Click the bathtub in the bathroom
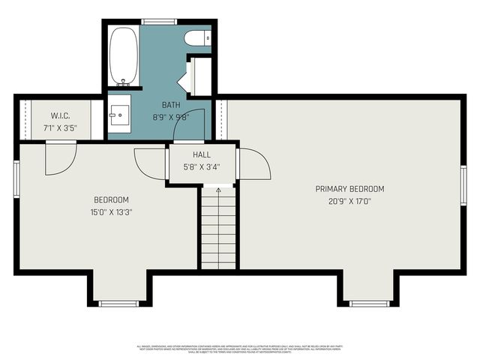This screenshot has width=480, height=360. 124,56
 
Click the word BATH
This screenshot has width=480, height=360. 171,106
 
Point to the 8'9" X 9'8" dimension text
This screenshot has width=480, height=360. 171,116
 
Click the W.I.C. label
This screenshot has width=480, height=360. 60,115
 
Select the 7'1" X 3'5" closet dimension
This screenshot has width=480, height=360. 60,127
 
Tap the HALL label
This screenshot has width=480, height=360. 202,155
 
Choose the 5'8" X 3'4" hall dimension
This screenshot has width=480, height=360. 202,166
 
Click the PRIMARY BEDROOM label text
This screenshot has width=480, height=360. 349,189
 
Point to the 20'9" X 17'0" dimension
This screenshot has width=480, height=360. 349,201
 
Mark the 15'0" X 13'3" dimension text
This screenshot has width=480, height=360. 111,211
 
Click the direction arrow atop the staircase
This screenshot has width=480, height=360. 218,190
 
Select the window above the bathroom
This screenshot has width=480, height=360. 159,22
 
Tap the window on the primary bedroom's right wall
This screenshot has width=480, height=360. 463,185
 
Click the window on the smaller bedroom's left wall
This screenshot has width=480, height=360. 16,179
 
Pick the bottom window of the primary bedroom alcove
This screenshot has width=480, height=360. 370,303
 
